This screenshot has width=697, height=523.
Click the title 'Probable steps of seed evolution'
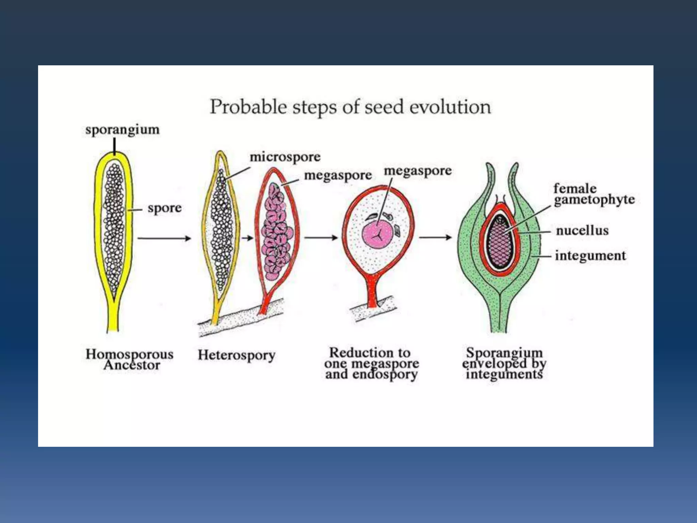click(350, 107)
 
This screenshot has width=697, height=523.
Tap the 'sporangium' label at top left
click(122, 130)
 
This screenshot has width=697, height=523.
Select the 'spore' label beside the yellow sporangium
click(164, 208)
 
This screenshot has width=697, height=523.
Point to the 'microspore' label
click(285, 157)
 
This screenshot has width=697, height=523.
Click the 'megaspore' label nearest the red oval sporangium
click(338, 175)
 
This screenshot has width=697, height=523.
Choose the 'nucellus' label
click(582, 231)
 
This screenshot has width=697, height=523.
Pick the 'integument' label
click(590, 255)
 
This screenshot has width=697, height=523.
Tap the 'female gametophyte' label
click(594, 194)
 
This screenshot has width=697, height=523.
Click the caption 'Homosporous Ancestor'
click(130, 359)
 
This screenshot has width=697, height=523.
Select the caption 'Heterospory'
click(237, 355)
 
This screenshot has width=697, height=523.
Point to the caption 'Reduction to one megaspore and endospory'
click(371, 363)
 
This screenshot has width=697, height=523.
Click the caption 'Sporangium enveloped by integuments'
click(504, 363)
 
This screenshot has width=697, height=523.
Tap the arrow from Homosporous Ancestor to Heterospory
click(164, 238)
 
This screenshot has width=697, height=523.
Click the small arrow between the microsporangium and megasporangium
click(247, 238)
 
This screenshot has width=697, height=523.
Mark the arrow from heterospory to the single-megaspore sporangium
click(321, 238)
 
